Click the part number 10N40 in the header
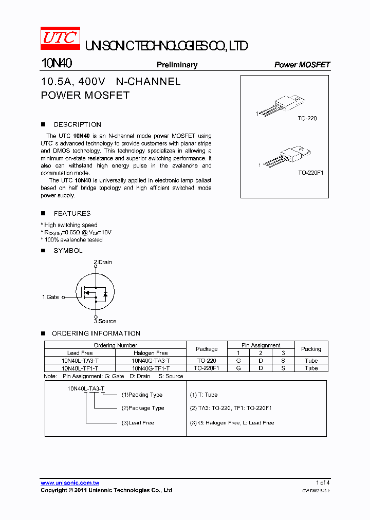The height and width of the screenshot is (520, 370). tap(56, 64)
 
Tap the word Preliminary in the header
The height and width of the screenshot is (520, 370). tap(177, 65)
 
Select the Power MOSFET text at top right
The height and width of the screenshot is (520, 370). tap(302, 65)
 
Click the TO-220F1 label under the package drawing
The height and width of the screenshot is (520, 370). tap(310, 173)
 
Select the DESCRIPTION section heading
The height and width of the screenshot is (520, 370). tap(77, 124)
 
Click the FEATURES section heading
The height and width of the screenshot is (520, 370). tap(72, 213)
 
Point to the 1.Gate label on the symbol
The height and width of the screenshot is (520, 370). tap(50, 297)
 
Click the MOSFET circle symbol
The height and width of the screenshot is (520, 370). tap(96, 292)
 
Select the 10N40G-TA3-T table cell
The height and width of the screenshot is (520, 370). tap(151, 361)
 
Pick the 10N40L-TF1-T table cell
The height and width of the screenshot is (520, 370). tap(80, 368)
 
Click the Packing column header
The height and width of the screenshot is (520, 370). tap(311, 349)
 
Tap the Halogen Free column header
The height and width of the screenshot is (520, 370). tap(151, 353)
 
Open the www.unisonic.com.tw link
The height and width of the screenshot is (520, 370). tap(70, 482)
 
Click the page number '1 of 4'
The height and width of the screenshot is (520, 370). tap(323, 482)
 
